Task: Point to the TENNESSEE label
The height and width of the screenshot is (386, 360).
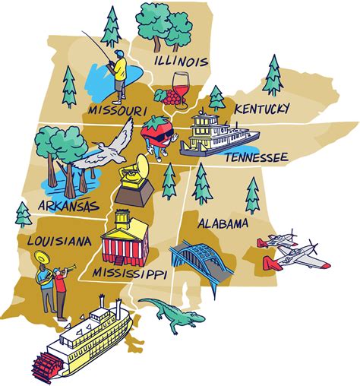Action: pos(254,157)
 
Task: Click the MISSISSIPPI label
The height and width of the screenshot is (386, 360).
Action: pos(129,271)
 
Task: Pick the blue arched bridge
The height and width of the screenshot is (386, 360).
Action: pos(202,262)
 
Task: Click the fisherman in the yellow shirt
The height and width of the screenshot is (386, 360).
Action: pos(118,74)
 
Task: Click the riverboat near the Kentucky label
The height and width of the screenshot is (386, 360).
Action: pos(216,134)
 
